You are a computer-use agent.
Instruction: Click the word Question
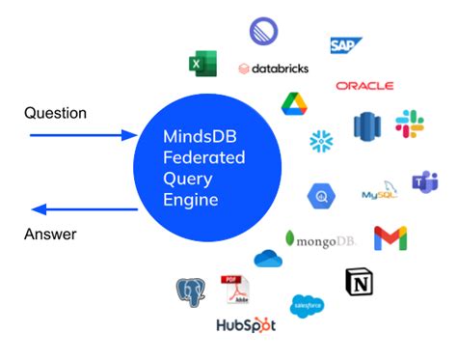tap(55, 113)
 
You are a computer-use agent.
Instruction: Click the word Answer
tap(50, 234)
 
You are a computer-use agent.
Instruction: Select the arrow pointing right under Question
tap(82, 135)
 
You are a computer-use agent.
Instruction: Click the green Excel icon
tap(202, 64)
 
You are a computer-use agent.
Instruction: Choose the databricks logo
tap(272, 69)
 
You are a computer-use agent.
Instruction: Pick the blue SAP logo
tap(345, 45)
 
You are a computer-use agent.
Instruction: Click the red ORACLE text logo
tap(364, 86)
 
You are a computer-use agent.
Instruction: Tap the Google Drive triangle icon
tap(293, 103)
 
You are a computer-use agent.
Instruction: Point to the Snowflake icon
tap(321, 141)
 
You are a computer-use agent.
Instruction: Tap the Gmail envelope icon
tap(390, 237)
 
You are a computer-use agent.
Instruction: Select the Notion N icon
tap(358, 282)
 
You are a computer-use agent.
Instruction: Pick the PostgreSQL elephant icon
tap(190, 291)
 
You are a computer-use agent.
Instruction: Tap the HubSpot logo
tap(247, 325)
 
